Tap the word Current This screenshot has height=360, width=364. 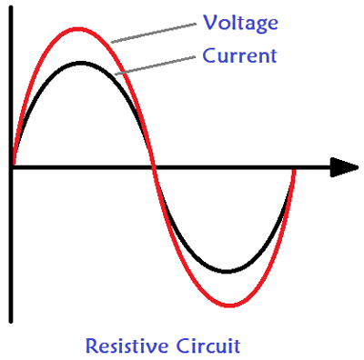[x=238, y=55]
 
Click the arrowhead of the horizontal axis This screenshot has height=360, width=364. [x=343, y=167]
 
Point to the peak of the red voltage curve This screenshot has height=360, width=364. [x=81, y=30]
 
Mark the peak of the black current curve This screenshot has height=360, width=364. [x=81, y=64]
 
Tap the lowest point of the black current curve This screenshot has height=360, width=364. [x=226, y=271]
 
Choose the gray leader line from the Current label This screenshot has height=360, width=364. [x=156, y=63]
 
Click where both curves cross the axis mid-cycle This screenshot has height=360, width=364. [x=153, y=167]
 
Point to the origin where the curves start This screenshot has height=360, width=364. [x=12, y=167]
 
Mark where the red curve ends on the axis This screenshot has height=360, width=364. [x=293, y=169]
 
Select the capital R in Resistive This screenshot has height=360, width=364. [x=91, y=345]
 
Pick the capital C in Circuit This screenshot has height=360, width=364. [x=190, y=345]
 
